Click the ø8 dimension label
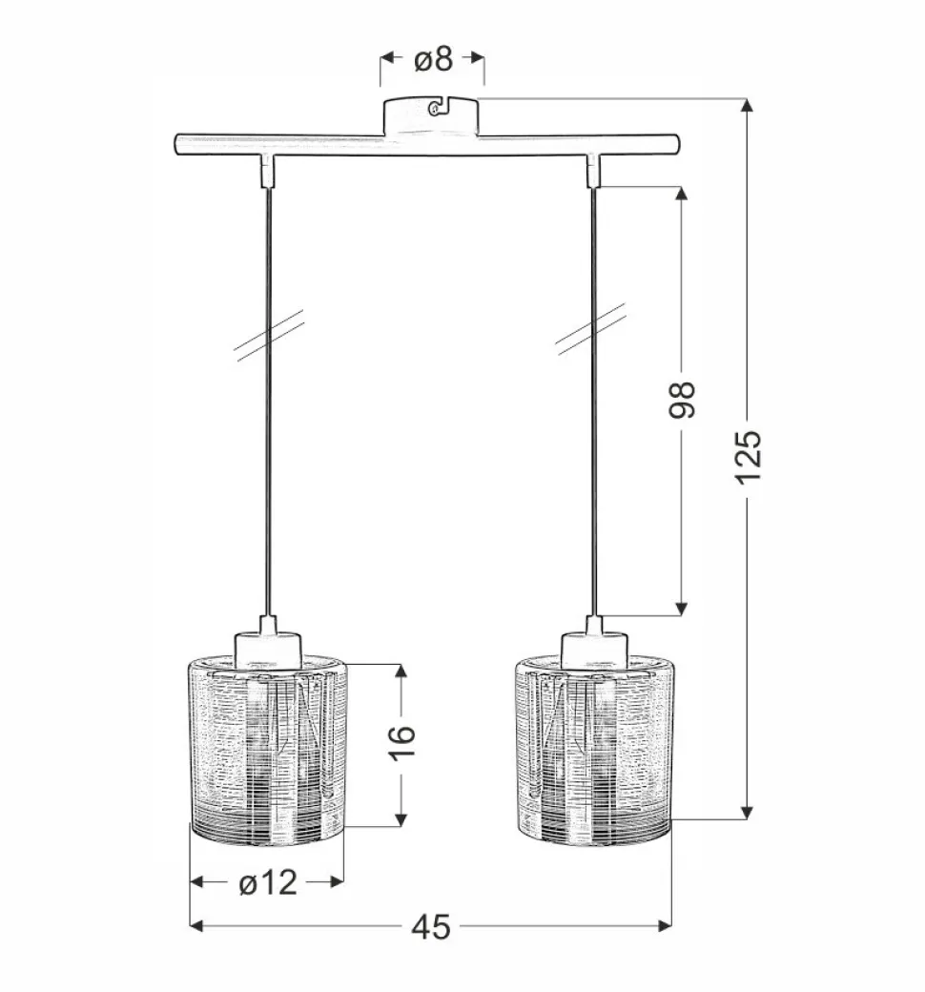[x=433, y=59]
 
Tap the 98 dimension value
[x=682, y=400]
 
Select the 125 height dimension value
[x=748, y=457]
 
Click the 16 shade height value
[x=401, y=743]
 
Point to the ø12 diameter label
[x=268, y=882]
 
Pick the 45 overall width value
[x=431, y=927]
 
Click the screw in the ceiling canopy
[x=434, y=110]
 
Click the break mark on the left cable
[x=270, y=335]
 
